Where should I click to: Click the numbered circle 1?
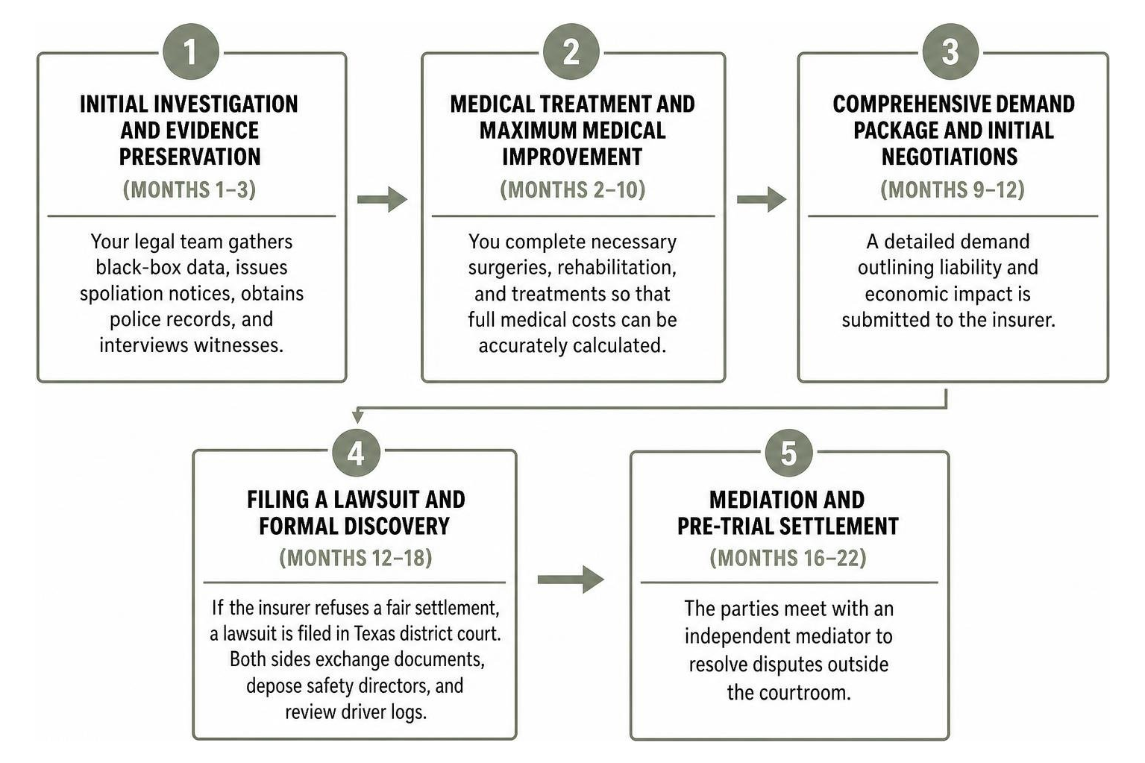191,51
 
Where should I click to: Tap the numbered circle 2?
571,51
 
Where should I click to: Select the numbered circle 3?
950,51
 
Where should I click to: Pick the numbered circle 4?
356,453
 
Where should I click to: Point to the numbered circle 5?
788,453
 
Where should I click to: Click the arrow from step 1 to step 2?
383,199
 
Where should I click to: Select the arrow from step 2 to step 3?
762,199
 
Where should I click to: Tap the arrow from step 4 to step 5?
571,579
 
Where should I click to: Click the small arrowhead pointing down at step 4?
358,417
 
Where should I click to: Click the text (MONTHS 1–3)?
189,189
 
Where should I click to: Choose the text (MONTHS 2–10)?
573,189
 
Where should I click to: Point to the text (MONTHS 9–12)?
953,189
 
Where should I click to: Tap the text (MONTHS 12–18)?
356,558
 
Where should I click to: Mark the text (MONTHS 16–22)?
788,558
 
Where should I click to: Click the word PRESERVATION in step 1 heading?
190,157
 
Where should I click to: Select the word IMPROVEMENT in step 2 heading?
572,157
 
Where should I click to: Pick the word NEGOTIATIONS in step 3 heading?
950,157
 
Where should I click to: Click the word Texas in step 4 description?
374,634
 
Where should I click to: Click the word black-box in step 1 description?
137,267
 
